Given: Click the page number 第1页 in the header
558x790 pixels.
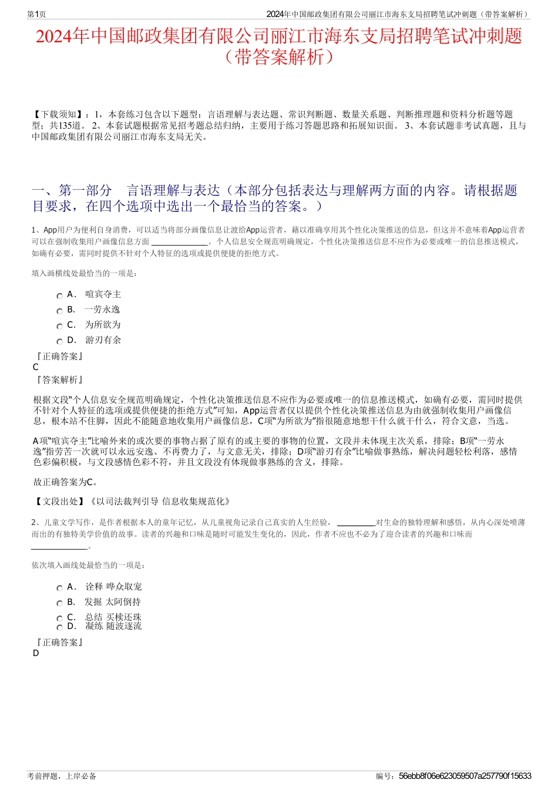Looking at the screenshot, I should [x=36, y=14].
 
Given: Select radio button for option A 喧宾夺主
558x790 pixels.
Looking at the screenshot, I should [x=59, y=296].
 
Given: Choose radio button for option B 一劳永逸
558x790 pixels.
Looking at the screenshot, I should [x=59, y=311].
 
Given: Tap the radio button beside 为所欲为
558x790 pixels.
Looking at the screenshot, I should [x=59, y=327].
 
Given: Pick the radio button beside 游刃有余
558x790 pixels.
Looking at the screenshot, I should [x=59, y=342].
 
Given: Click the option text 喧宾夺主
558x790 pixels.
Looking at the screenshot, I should [x=103, y=295].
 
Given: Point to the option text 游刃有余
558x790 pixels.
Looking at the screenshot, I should [x=103, y=340].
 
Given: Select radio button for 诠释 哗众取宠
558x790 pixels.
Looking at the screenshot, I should [x=59, y=588].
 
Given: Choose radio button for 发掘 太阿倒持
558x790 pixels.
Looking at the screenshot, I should [x=59, y=603].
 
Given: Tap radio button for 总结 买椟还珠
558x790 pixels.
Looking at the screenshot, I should [x=59, y=618].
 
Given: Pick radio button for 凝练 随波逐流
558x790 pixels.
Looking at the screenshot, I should [x=59, y=628].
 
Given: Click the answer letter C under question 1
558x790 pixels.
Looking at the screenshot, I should [x=36, y=367].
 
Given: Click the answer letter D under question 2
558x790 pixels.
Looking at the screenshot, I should [x=36, y=653].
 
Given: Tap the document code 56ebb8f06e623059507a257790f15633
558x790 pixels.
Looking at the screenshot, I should [x=465, y=776].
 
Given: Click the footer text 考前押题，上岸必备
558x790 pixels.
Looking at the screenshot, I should [x=62, y=776].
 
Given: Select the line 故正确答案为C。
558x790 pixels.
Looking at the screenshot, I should [x=66, y=482].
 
